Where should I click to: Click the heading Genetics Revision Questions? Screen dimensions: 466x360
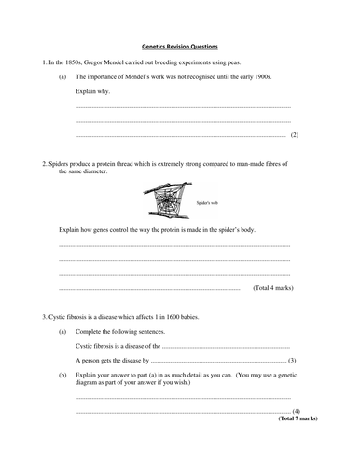[179, 44]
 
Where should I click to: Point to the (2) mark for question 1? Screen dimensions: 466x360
[294, 136]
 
